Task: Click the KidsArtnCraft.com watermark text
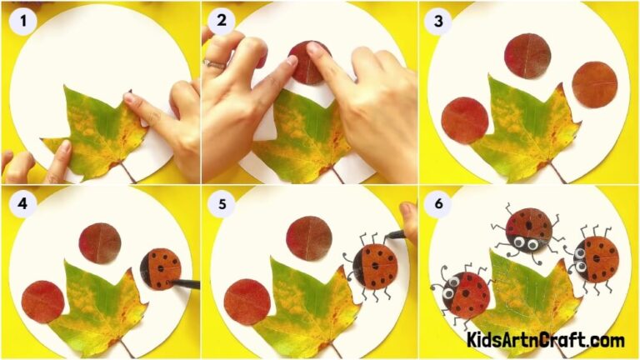(546, 340)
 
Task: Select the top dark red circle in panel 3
(527, 56)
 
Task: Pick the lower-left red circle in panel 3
(464, 121)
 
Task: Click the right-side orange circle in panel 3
(594, 84)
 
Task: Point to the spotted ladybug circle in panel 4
(162, 269)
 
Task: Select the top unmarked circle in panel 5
(308, 239)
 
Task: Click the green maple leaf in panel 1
(96, 133)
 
